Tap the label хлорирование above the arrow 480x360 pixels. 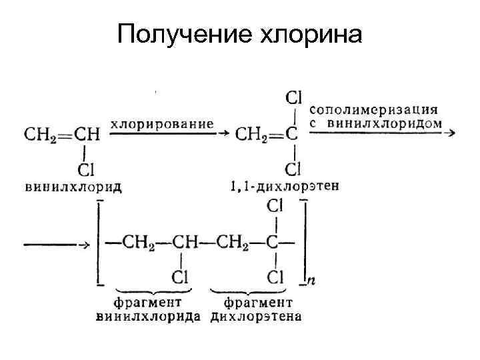162,123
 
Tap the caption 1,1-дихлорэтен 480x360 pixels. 285,186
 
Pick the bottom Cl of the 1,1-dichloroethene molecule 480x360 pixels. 294,169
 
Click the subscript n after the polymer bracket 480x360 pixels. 311,281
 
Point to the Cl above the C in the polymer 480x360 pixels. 275,207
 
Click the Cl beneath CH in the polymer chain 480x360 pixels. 180,275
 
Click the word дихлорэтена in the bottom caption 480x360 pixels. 256,315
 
